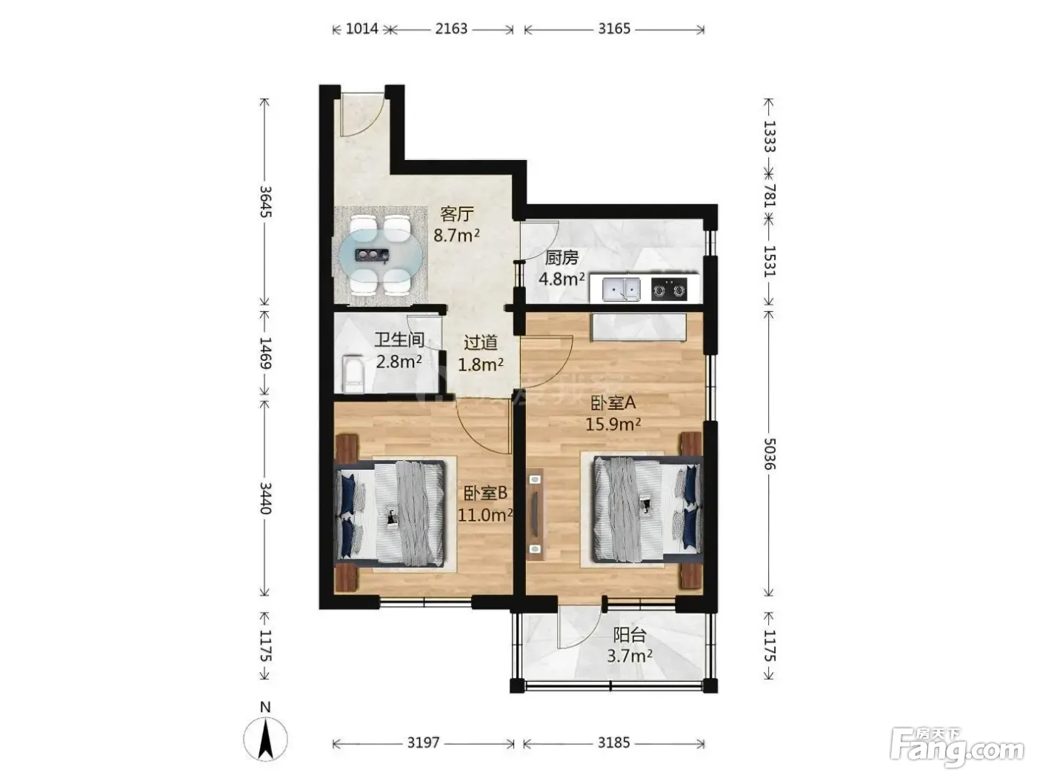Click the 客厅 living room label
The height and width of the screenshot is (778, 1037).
[456, 214]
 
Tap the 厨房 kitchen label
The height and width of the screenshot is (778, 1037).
[561, 258]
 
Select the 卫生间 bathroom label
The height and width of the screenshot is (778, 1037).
[399, 339]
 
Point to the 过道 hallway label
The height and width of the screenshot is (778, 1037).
[481, 342]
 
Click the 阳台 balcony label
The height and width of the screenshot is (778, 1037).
[630, 635]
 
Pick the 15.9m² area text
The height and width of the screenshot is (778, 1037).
[613, 424]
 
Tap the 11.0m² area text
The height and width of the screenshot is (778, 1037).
[485, 514]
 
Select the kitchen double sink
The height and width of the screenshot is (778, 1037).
[621, 289]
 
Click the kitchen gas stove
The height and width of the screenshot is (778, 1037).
[669, 289]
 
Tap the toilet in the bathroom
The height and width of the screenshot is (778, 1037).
[353, 373]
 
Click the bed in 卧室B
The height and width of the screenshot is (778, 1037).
[391, 513]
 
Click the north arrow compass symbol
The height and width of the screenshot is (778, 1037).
[265, 739]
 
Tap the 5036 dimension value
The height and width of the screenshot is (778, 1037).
[769, 453]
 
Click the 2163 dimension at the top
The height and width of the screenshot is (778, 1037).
[451, 29]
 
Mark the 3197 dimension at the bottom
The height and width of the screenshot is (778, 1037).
[423, 743]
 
